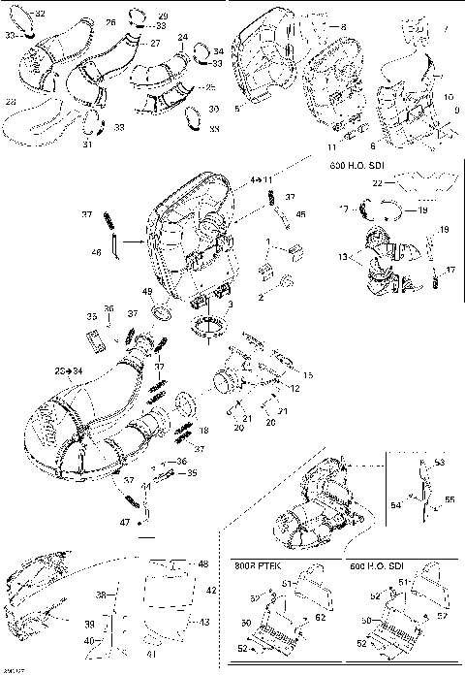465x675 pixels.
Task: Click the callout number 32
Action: coord(40,14)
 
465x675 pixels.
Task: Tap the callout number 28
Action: coord(11,101)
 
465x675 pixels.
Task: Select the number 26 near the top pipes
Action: coord(109,21)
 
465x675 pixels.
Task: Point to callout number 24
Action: coord(183,37)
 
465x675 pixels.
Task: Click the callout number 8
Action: coord(342,26)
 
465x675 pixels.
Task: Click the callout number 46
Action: coord(96,252)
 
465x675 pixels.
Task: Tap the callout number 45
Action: coord(301,214)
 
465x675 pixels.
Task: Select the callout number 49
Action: coord(147,292)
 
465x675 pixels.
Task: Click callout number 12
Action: coord(294,389)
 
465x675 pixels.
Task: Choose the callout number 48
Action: coord(202,563)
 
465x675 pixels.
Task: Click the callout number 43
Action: coord(203,622)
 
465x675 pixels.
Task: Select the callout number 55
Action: coord(449,498)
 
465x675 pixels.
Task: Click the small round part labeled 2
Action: coord(287,281)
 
